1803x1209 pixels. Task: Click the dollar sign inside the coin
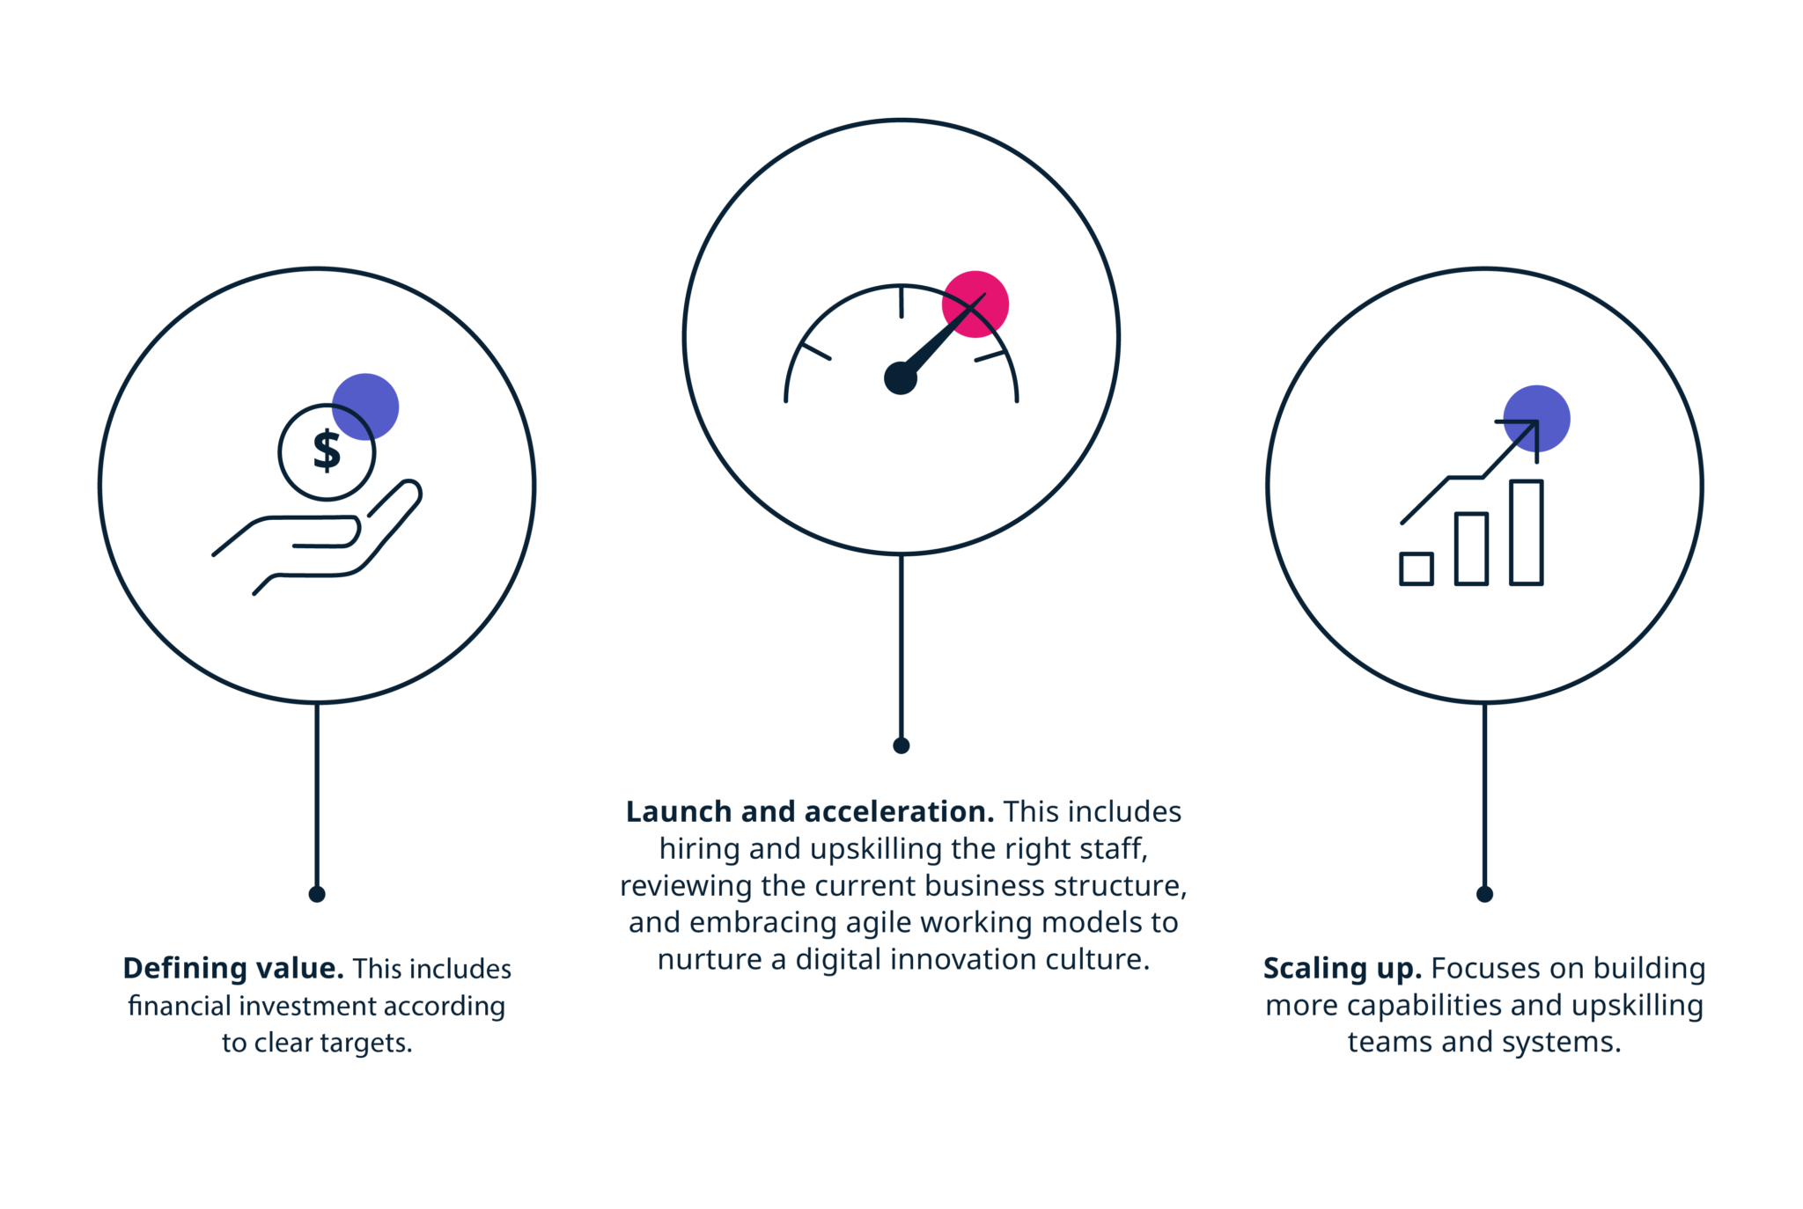tap(327, 451)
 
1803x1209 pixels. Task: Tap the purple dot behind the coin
tap(365, 407)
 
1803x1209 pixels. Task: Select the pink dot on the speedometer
tap(975, 304)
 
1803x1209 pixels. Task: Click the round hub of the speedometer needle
tap(901, 378)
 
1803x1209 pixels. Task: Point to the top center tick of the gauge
tap(901, 302)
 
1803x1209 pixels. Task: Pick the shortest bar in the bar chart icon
tap(1417, 568)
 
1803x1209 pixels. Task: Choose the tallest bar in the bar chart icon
tap(1527, 532)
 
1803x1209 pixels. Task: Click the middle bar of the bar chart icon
tap(1471, 549)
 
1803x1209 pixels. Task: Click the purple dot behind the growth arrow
tap(1536, 419)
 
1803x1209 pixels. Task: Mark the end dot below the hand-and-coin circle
tap(317, 894)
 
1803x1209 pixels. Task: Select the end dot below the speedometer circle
tap(901, 746)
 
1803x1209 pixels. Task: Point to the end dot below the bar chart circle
tap(1484, 894)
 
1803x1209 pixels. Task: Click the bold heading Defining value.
tap(233, 968)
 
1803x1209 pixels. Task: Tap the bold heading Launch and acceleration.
tap(810, 811)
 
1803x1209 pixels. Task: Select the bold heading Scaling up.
tap(1343, 969)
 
